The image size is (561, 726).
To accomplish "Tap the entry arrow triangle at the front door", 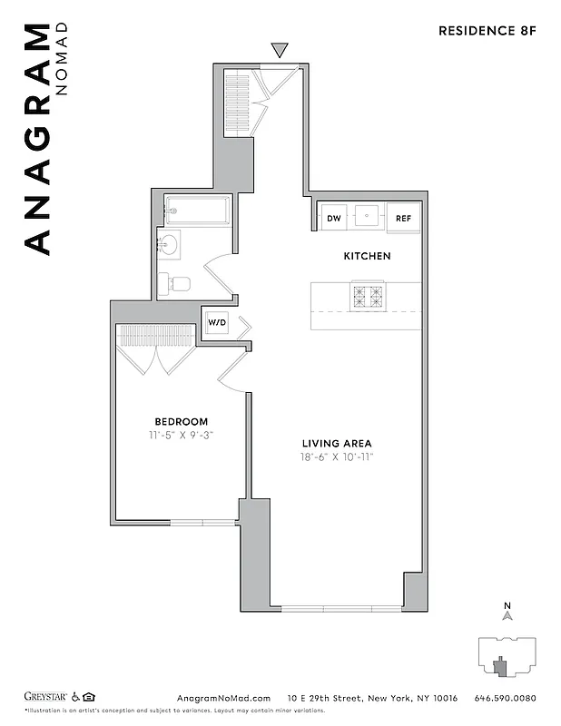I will coord(280,51).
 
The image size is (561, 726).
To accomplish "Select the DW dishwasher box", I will coord(334,218).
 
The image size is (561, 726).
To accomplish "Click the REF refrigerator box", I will coord(403,218).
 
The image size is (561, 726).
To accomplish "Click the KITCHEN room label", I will coord(367,256).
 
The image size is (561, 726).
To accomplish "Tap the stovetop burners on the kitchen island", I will coord(368,296).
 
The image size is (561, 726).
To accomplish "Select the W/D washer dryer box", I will coord(217,322).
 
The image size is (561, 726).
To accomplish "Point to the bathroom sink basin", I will coord(169,244).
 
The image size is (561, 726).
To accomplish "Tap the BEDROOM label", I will coord(181,421).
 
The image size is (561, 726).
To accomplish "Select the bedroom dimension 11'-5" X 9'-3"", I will coord(181,435).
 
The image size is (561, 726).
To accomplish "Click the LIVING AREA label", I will coord(337,443).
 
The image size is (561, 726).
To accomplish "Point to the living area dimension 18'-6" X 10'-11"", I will coord(337,456).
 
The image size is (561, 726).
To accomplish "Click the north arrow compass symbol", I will coord(507,614).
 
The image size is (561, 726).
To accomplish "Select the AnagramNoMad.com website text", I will coord(221,698).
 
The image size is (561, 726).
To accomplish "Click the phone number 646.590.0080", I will coord(506,698).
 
